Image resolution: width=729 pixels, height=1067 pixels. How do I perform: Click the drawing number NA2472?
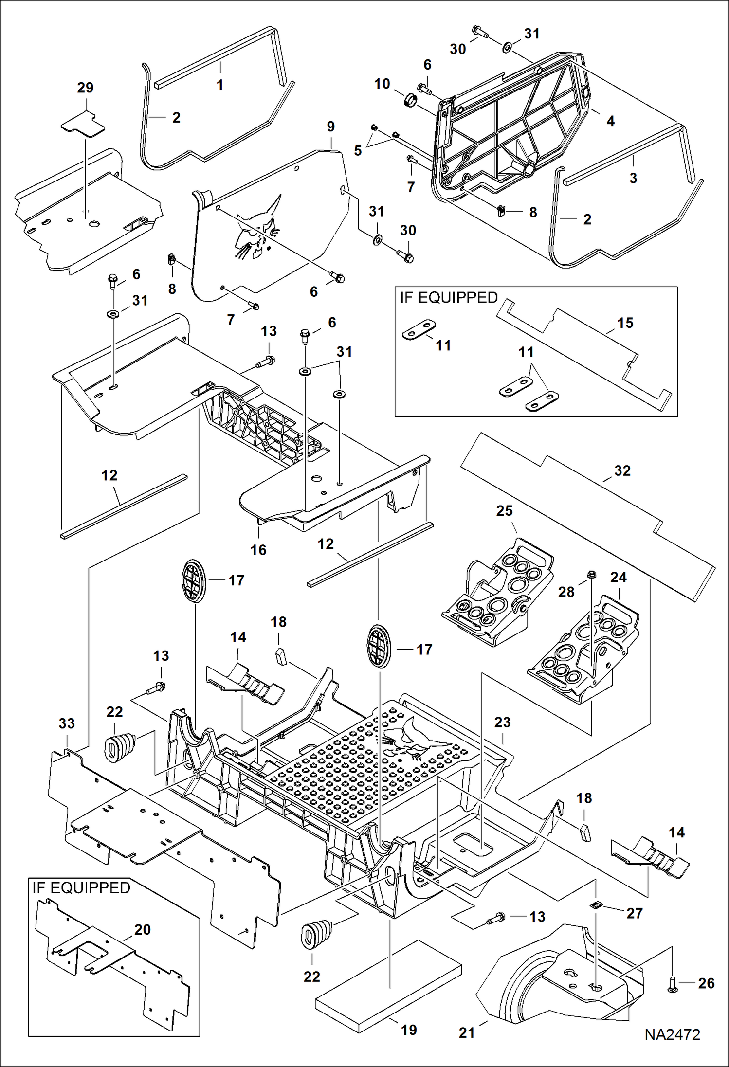[x=672, y=1035]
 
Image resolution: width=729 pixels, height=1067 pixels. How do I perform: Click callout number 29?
[x=85, y=88]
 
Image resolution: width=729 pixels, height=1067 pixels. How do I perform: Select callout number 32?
[x=622, y=470]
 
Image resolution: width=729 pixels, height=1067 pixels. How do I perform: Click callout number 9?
[x=330, y=127]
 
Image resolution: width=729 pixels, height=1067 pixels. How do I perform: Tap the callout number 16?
[x=258, y=550]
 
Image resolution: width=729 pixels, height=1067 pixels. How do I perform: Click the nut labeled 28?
[x=592, y=574]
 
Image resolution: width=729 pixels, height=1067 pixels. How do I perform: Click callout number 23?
[x=502, y=722]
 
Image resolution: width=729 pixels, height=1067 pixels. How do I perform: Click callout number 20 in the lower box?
[x=142, y=929]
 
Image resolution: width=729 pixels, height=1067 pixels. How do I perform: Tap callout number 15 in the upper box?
[x=625, y=323]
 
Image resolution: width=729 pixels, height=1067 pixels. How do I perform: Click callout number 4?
[x=610, y=121]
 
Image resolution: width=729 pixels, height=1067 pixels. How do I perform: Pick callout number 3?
[x=633, y=178]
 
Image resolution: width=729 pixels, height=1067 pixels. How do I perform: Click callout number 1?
[x=219, y=85]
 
